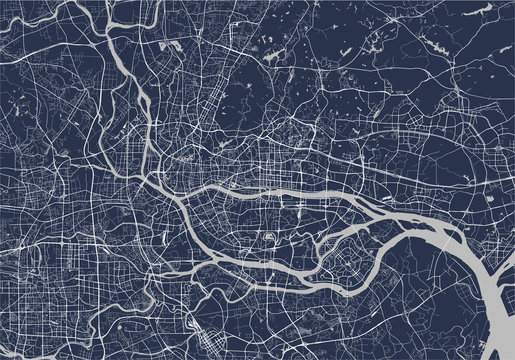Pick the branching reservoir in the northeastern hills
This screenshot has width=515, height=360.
tap(380, 40)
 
